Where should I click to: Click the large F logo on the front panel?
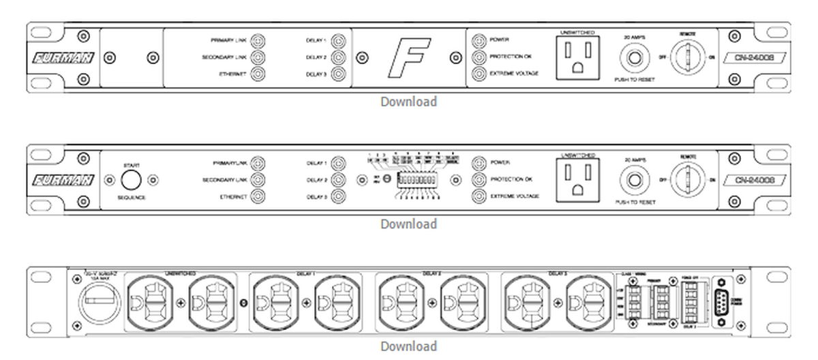[x=409, y=57]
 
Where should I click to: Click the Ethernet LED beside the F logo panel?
[x=258, y=74]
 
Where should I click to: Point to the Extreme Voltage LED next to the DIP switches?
[x=479, y=196]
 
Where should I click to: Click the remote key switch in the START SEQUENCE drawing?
[x=686, y=180]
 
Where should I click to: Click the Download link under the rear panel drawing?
[x=408, y=346]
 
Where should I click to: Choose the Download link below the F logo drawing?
[x=408, y=102]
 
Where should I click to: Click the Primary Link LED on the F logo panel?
[x=258, y=40]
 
